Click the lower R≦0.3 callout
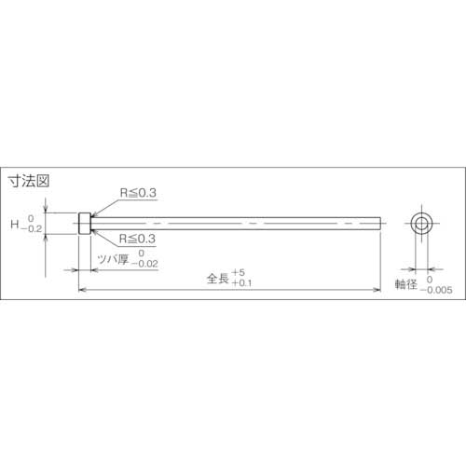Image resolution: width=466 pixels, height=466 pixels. click(x=138, y=238)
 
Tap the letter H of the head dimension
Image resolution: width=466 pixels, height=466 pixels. click(x=14, y=225)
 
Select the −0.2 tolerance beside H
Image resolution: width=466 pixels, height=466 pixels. click(x=32, y=229)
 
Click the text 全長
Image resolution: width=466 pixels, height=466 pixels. click(x=218, y=277)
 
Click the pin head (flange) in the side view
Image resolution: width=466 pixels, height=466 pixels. click(x=84, y=224)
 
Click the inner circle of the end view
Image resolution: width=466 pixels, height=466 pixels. click(x=421, y=224)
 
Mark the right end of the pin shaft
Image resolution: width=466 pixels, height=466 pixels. click(x=380, y=224)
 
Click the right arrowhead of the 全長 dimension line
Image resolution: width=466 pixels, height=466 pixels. click(x=377, y=290)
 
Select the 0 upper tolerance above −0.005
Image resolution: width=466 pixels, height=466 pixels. click(x=431, y=278)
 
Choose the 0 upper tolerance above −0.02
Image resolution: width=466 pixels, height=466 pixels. click(x=142, y=253)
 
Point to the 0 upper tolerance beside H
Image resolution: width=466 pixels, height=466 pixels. click(x=30, y=218)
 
